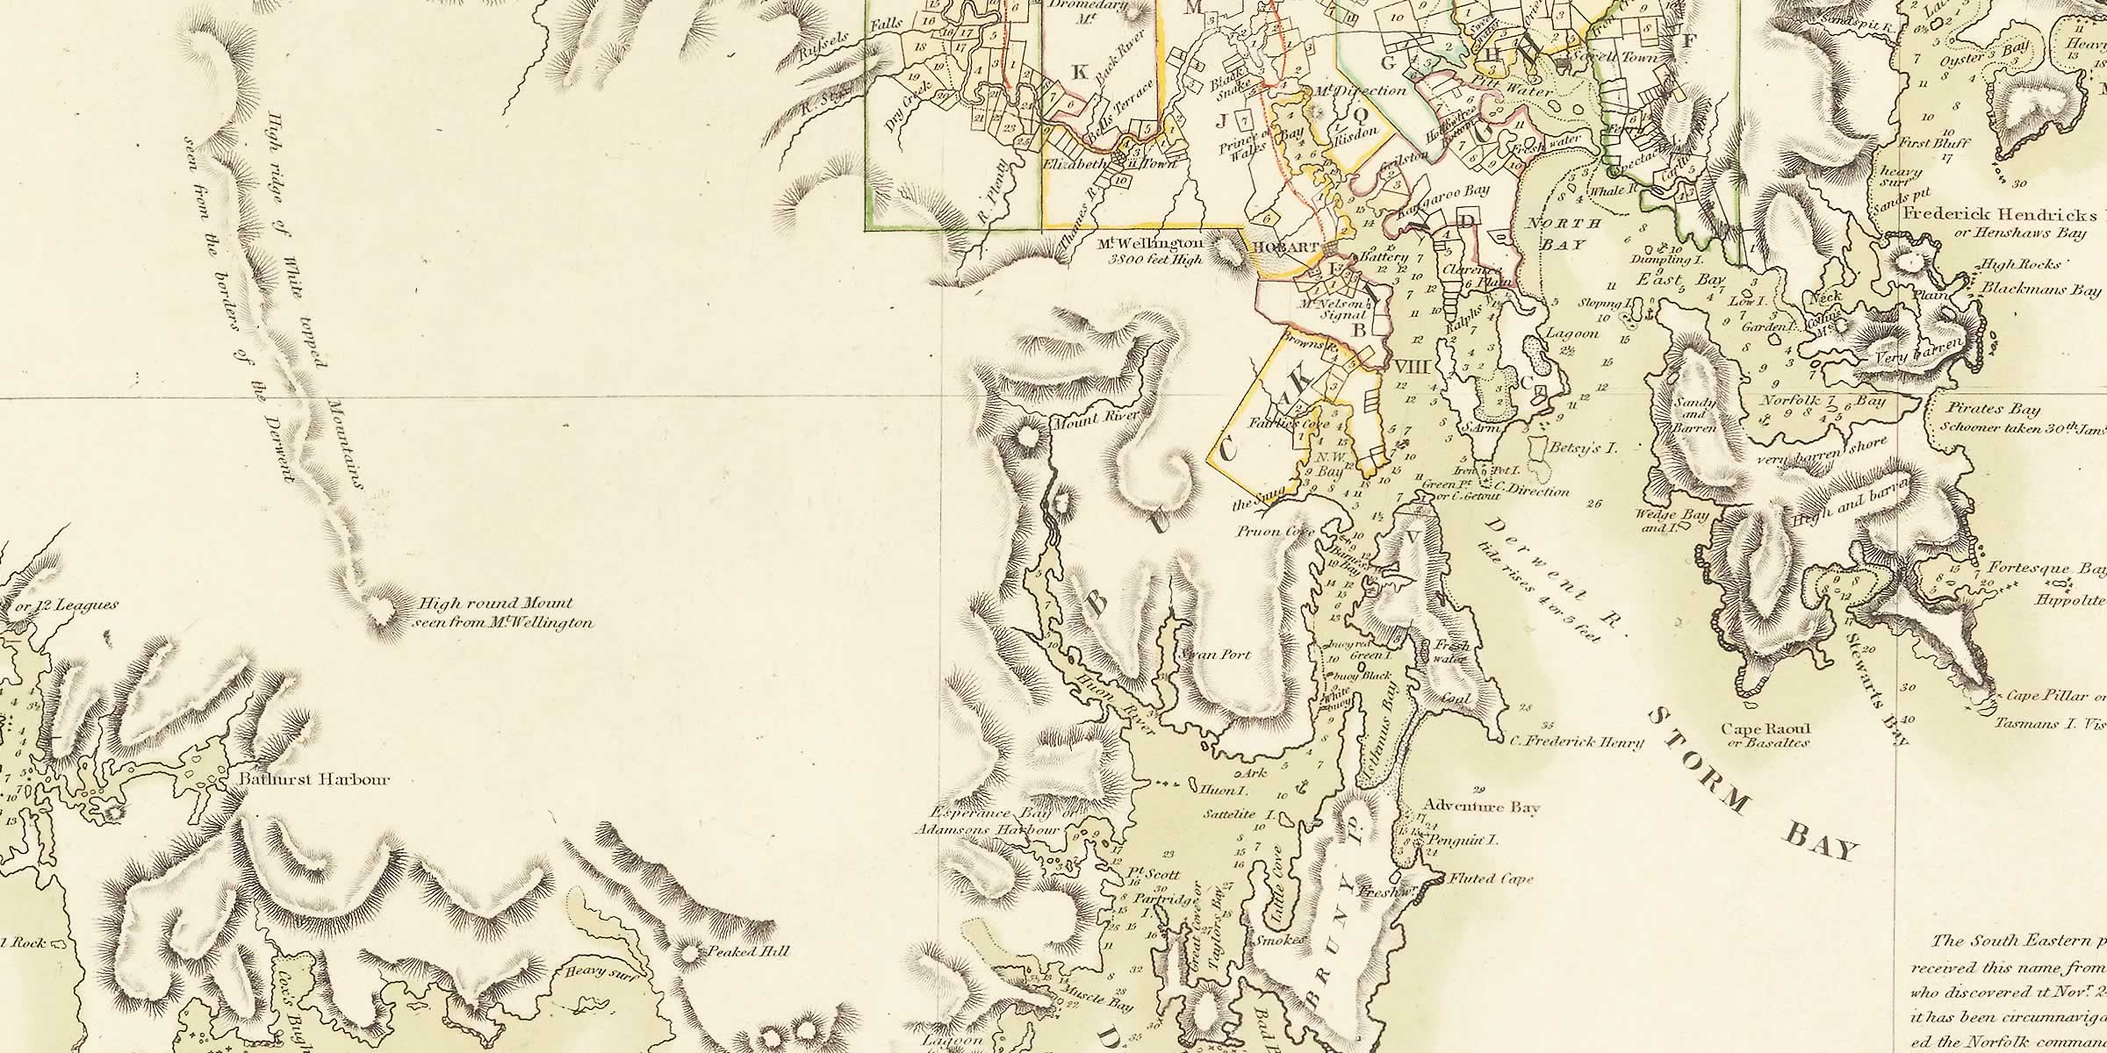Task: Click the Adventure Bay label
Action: [1481, 807]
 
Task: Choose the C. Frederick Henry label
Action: [1576, 742]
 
